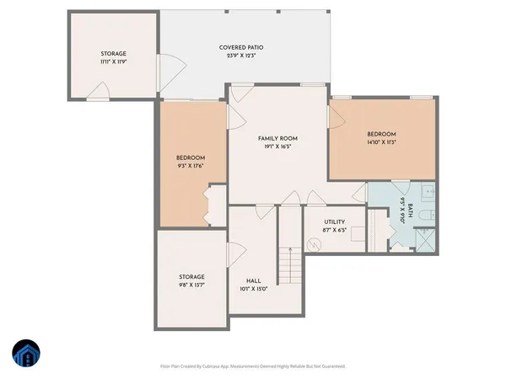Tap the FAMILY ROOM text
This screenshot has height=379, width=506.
[x=277, y=138]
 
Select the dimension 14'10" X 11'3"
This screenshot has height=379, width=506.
[x=381, y=142]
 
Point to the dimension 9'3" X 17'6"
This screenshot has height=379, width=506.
[x=191, y=166]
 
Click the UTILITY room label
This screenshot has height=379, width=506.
[x=335, y=222]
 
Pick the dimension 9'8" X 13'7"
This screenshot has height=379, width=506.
[x=191, y=285]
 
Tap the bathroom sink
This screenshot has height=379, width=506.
[x=427, y=192]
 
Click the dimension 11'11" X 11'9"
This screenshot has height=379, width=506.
[x=113, y=61]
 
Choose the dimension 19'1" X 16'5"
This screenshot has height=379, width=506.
[x=277, y=147]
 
